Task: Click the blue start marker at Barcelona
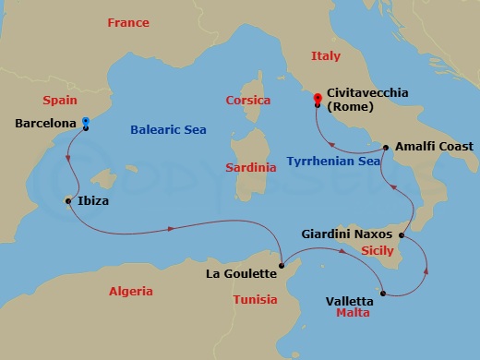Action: tap(86, 121)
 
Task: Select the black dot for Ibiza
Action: tap(69, 200)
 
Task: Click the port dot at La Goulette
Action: tap(284, 268)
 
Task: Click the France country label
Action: tap(127, 22)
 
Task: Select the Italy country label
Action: tap(326, 55)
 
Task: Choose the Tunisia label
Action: tap(256, 300)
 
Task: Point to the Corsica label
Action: tap(248, 100)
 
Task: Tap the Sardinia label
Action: tap(251, 168)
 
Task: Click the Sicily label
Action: tap(376, 251)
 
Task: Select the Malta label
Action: tap(353, 314)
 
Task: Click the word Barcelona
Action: tap(45, 123)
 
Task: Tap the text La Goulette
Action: tap(241, 273)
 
